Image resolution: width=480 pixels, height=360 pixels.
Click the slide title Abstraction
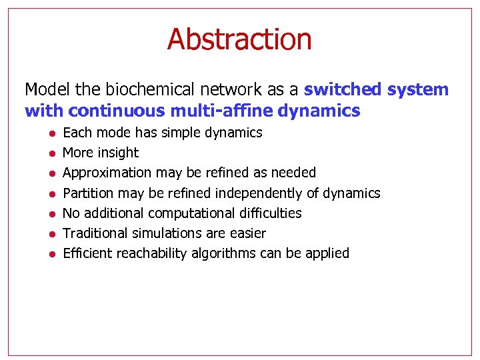[x=239, y=39]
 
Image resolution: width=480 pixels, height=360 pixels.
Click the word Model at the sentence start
[x=44, y=89]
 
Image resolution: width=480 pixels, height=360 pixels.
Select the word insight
[x=118, y=153]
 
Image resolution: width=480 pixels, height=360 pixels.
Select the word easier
[x=247, y=233]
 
